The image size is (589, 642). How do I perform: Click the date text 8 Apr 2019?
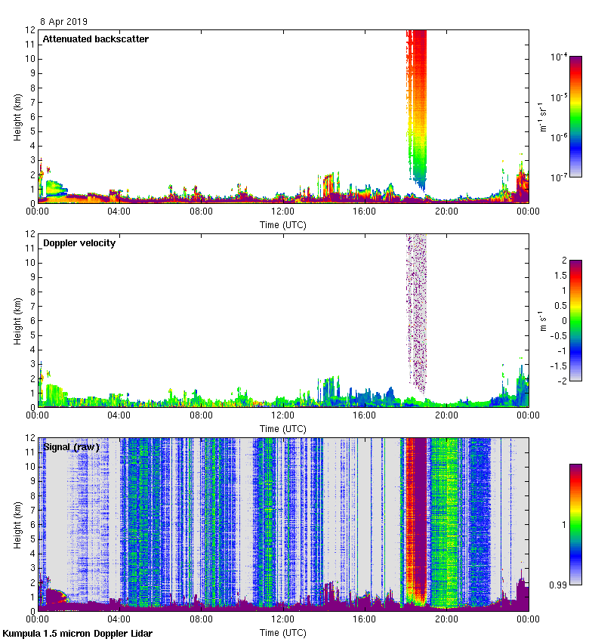(x=63, y=22)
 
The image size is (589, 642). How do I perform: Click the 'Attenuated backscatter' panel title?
(x=95, y=39)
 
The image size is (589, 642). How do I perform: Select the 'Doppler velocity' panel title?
(x=79, y=243)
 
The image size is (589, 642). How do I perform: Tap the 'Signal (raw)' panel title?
(x=71, y=447)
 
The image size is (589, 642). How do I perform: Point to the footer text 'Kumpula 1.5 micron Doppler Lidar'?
(x=77, y=633)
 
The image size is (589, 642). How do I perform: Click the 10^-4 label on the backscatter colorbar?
(x=559, y=57)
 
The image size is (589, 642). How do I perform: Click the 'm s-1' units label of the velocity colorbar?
(x=542, y=321)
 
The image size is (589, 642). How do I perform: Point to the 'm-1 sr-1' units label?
(x=542, y=116)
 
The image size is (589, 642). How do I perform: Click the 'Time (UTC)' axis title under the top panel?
(x=283, y=225)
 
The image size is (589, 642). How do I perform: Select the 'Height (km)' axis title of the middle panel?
(x=17, y=320)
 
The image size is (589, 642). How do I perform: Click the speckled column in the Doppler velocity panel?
(x=416, y=310)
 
